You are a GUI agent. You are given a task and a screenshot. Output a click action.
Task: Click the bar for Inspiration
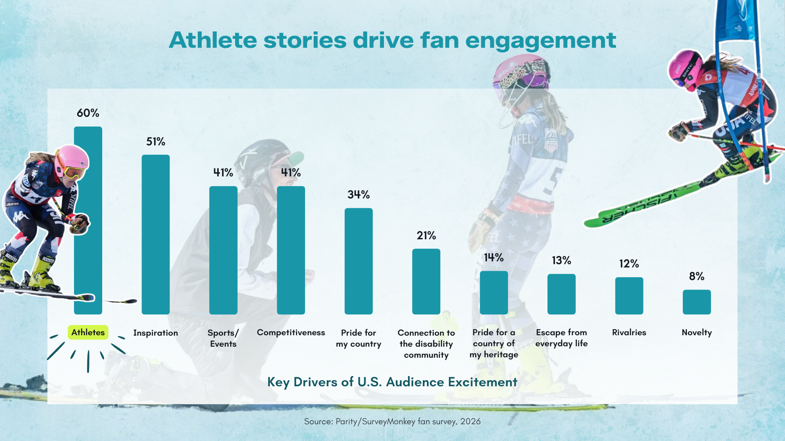tap(155, 234)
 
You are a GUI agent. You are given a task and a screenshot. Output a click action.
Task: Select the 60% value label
tap(88, 113)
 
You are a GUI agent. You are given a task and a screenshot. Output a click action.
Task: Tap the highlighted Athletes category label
tap(88, 332)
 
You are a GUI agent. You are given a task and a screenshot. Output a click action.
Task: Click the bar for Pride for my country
tap(359, 261)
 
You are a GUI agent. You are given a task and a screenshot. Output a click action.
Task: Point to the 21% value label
tap(426, 236)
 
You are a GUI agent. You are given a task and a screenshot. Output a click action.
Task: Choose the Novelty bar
tap(697, 302)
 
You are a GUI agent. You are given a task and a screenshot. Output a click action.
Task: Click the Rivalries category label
tap(629, 332)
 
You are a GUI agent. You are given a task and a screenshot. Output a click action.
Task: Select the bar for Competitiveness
tap(291, 250)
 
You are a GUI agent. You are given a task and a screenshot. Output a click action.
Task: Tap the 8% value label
tap(697, 276)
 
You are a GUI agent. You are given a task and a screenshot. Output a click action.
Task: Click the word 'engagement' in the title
tap(541, 40)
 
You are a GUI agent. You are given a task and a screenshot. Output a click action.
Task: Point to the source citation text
tap(392, 421)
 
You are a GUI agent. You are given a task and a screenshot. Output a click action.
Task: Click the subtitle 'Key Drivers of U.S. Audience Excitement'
tap(392, 382)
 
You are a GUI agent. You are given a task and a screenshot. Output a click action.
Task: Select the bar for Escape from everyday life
tap(561, 294)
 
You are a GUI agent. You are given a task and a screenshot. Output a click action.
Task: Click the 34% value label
tap(359, 195)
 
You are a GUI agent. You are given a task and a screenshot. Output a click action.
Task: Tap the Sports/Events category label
tap(223, 338)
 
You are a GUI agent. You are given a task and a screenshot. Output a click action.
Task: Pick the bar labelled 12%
tap(629, 296)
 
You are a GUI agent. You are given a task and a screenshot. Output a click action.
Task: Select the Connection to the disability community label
tap(426, 344)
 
